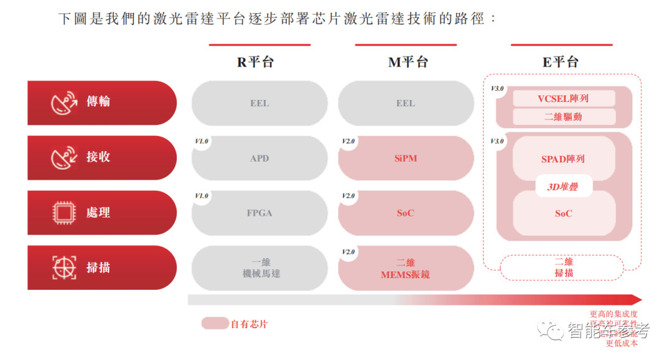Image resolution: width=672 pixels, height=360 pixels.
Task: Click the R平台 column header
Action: coord(255,62)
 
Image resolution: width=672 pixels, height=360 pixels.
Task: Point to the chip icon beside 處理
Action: coord(63,213)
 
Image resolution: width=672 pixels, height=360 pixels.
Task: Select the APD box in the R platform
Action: coord(259,159)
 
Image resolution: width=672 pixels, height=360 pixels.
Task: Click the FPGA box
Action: coord(259,213)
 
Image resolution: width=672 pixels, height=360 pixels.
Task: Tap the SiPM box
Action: coord(406,159)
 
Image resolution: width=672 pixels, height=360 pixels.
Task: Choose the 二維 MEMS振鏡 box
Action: coord(406,268)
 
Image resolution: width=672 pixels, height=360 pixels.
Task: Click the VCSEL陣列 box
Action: coord(564,98)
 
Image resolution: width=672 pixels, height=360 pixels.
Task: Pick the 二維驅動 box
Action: coord(564,116)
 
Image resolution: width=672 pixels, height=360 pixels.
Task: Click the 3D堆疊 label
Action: coord(562,186)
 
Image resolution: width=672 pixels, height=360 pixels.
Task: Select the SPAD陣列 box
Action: coord(564,159)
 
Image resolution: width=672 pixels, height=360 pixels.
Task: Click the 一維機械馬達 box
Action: coord(259,268)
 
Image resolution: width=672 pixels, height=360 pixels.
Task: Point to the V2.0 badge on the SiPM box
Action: coord(348,141)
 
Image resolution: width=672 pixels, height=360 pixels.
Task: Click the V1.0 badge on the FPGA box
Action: coord(202,196)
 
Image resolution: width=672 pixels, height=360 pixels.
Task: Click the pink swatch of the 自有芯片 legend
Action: coord(215,323)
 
